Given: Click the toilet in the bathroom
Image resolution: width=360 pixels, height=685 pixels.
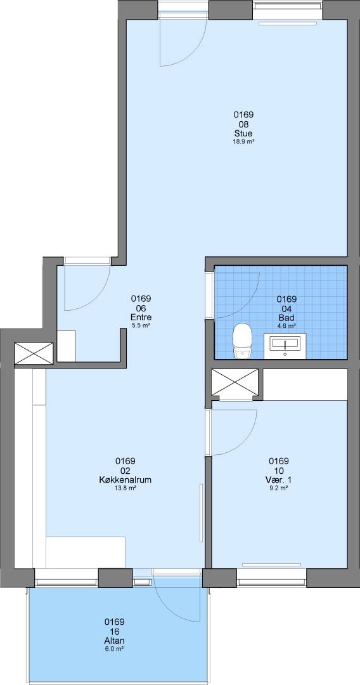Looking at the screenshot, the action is [243, 341].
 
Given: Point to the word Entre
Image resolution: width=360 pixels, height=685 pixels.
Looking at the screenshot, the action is [141, 317].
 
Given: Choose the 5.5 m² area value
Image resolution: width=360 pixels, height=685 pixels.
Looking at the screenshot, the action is [141, 325].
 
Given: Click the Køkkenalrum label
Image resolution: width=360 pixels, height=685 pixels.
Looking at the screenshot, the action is [125, 480].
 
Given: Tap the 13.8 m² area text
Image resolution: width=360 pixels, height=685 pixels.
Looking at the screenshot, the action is [125, 488].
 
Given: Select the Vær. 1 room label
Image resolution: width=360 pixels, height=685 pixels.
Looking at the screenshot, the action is [279, 480].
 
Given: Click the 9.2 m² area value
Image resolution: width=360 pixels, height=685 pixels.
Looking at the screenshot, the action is [279, 488].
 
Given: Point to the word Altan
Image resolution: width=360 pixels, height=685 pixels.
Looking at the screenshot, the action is [115, 641].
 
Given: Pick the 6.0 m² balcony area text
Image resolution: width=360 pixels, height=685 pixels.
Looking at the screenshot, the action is [115, 649].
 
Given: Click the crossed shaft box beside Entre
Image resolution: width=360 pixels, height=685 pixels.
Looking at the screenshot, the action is [34, 353].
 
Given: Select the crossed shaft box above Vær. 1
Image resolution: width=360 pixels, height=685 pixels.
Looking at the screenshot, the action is [235, 384].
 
